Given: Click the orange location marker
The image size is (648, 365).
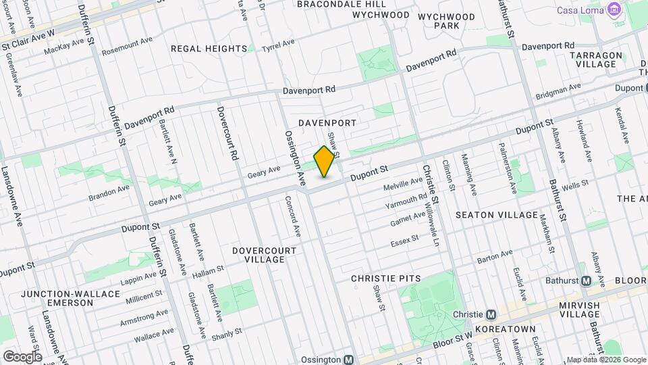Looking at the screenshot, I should [325, 162].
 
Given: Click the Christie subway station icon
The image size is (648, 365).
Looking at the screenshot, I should [491, 314].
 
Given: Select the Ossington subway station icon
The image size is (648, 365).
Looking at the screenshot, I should [349, 360].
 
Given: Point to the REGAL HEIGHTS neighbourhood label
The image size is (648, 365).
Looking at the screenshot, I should [209, 49].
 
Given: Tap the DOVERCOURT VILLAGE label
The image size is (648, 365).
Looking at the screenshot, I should [264, 255].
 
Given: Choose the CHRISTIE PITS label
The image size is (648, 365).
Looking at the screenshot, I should [386, 278].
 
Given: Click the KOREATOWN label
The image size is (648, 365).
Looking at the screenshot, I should [505, 329].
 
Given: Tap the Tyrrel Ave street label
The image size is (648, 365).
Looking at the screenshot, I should [279, 43].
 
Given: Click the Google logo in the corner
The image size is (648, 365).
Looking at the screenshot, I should [22, 356].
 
